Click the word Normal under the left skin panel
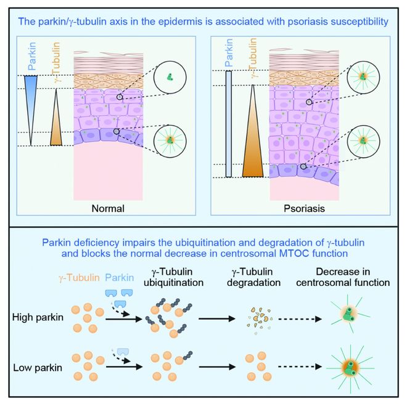[x=108, y=208]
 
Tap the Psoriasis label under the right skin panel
[x=304, y=208]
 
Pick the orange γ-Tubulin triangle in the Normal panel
[x=56, y=117]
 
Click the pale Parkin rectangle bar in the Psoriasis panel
[x=229, y=124]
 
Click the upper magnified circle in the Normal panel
[x=170, y=77]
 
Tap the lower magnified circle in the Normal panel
[x=170, y=141]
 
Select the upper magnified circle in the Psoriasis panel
[x=363, y=77]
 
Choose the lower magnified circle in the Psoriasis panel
[x=363, y=142]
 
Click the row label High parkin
[x=38, y=317]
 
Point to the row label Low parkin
[x=38, y=368]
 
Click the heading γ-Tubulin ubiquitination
[x=173, y=277]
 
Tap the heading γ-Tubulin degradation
[x=253, y=277]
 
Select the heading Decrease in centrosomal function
[x=343, y=277]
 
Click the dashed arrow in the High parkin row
[x=300, y=319]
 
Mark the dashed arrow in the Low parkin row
[x=300, y=367]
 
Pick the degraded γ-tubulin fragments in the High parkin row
[x=260, y=320]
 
